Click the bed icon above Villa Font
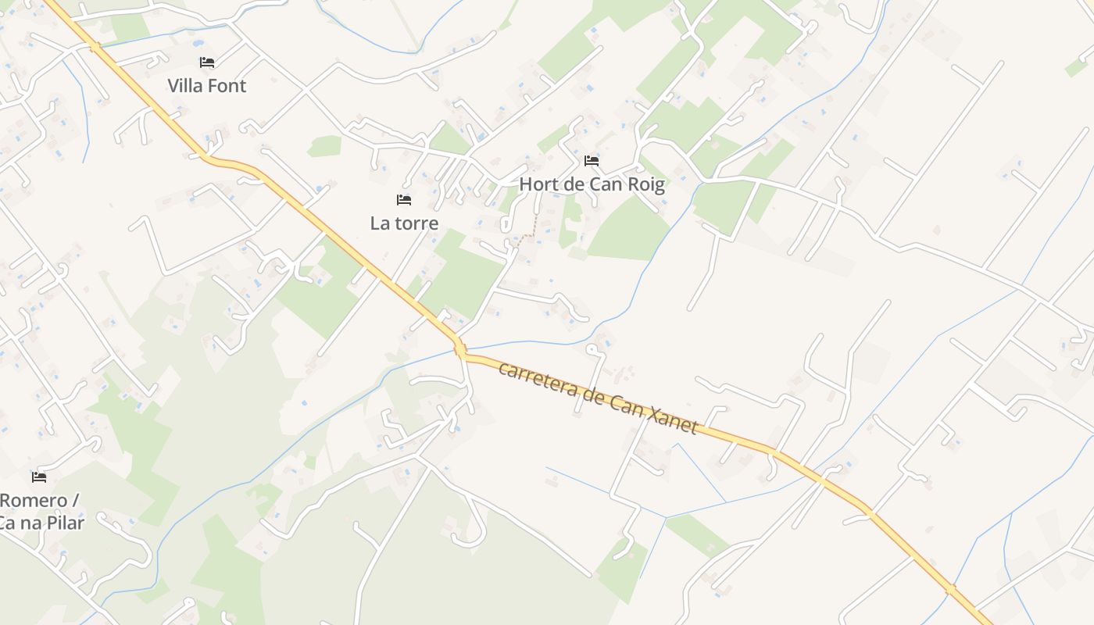click(x=207, y=62)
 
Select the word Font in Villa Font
click(x=227, y=86)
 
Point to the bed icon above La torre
click(x=404, y=200)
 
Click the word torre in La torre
click(x=415, y=223)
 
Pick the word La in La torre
click(x=380, y=223)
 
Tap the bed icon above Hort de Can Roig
click(x=592, y=161)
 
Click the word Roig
click(x=646, y=185)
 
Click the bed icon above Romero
click(x=39, y=477)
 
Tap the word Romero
click(x=33, y=500)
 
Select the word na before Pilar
click(x=30, y=523)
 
